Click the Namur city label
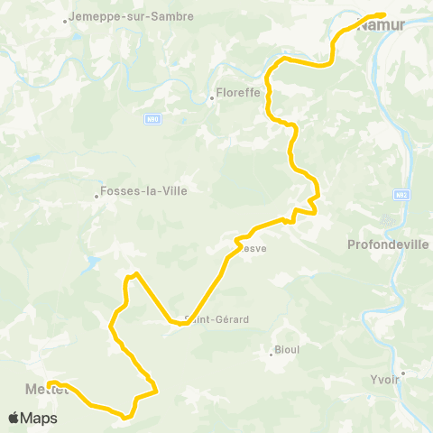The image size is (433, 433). pyautogui.click(x=383, y=26)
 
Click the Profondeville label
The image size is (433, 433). pyautogui.click(x=384, y=244)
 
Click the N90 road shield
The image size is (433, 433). pyautogui.click(x=152, y=118)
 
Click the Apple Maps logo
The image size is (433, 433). pyautogui.click(x=32, y=419)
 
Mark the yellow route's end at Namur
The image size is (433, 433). pyautogui.click(x=384, y=14)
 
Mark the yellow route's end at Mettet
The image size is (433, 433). pyautogui.click(x=51, y=382)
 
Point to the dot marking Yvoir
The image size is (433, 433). pyautogui.click(x=404, y=372)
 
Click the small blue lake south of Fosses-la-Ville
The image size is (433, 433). pyautogui.click(x=91, y=263)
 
